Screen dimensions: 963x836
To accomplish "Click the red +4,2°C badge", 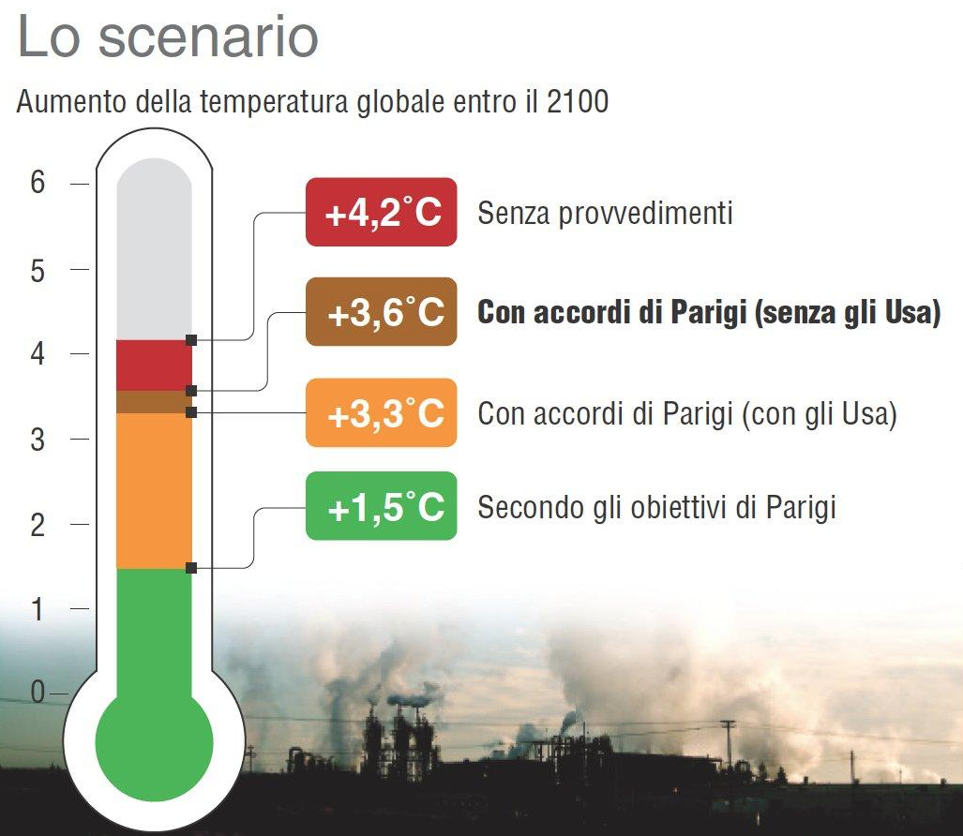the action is (x=382, y=212).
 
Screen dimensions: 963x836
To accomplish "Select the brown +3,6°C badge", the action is (x=382, y=312).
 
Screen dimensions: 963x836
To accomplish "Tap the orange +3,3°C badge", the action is (x=382, y=412).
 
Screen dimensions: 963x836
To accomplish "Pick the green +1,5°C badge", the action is (x=382, y=506).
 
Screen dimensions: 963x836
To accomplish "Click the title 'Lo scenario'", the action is (x=168, y=37).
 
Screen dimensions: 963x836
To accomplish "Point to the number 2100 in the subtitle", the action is (x=578, y=101).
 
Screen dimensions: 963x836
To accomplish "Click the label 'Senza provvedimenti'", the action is (x=606, y=213).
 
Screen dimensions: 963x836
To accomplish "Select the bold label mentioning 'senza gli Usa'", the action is (x=709, y=312).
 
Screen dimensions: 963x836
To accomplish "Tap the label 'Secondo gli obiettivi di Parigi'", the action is (x=657, y=508).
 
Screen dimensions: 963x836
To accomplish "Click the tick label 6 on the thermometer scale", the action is (x=38, y=183).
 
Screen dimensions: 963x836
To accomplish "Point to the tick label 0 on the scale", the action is (x=38, y=693).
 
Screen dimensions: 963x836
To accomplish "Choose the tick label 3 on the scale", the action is (x=38, y=440).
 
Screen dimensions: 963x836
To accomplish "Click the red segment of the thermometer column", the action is (x=154, y=366).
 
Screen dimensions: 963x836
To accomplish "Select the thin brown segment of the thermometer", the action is (x=154, y=402).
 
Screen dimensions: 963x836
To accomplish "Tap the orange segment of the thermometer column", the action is (x=154, y=491).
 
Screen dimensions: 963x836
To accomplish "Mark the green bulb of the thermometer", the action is (x=154, y=741).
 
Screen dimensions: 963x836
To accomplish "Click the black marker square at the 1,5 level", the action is (x=191, y=568).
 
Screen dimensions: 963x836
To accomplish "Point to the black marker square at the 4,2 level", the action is (x=191, y=339).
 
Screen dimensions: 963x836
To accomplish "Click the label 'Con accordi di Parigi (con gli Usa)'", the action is (x=688, y=413).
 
